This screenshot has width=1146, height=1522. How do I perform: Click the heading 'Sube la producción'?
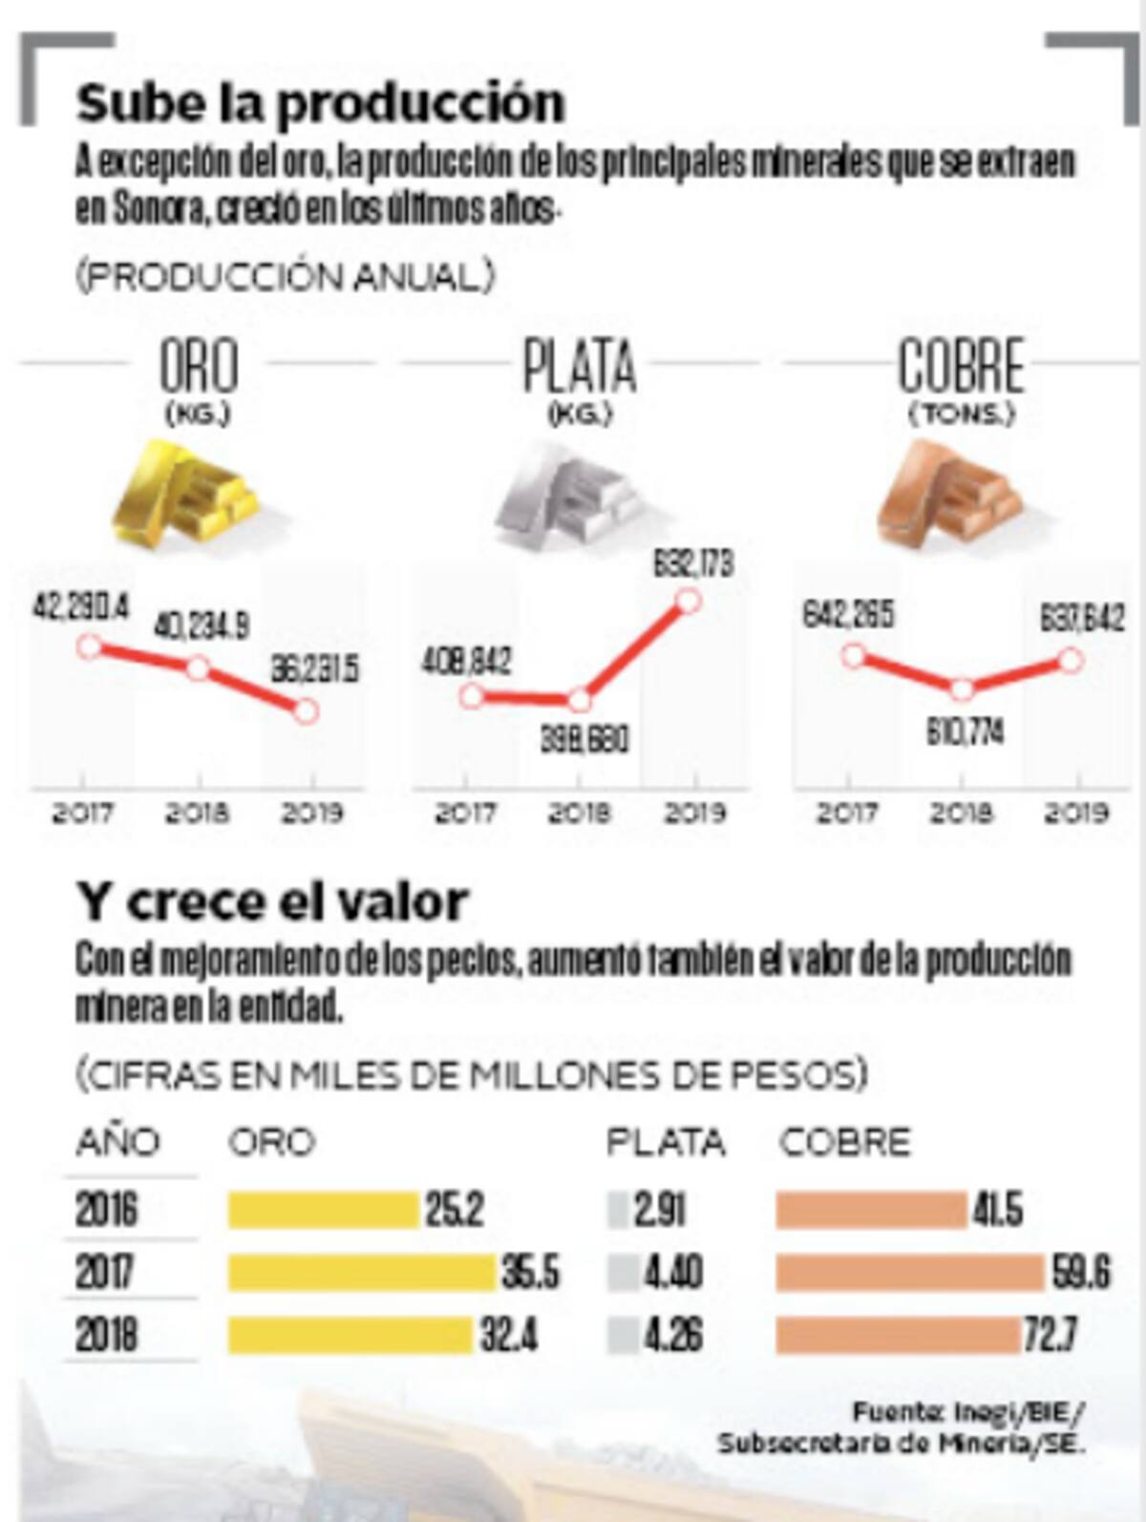321,103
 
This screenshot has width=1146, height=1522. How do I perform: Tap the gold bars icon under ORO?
185,495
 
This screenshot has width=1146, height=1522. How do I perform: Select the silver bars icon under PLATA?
569,495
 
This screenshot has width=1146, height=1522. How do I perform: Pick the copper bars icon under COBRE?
951,495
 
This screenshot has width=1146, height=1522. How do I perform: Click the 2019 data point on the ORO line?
306,711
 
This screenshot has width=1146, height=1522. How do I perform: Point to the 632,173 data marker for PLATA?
688,601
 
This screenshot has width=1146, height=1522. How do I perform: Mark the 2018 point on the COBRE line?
963,688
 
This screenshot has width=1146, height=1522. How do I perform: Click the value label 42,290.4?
81,607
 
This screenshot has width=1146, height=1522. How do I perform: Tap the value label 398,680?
584,740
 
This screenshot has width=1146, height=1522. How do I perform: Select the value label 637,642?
1082,618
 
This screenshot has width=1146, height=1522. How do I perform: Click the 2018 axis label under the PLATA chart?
579,814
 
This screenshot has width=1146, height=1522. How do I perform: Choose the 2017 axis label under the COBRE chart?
847,814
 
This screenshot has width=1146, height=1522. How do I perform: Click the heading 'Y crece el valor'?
273,901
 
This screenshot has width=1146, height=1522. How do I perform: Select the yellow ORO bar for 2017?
363,1273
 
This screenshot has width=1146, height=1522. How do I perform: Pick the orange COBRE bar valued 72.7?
899,1335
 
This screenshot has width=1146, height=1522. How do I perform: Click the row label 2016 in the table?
107,1211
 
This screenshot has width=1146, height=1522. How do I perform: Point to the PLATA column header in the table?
666,1142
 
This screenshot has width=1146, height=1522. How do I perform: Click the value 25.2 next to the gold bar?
455,1211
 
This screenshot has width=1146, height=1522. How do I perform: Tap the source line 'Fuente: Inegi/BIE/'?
968,1410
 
